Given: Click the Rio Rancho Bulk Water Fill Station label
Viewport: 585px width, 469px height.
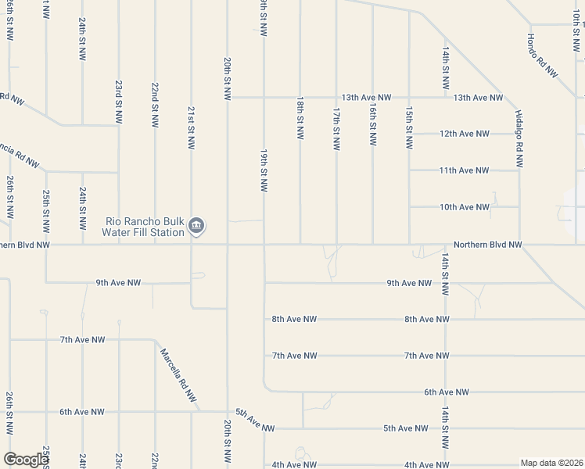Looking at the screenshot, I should coord(145,226).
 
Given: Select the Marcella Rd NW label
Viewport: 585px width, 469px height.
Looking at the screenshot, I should coord(178,375).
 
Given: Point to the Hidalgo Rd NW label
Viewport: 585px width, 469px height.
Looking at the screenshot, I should coord(519,138).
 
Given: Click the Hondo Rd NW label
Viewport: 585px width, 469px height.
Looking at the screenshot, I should coord(542,55).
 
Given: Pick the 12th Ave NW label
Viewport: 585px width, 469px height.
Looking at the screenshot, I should coord(464,134).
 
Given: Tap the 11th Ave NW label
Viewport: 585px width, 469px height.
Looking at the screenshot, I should coord(464,170).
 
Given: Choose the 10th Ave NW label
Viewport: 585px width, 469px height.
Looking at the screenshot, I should coord(464,207).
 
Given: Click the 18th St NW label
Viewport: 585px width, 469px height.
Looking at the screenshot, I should coord(300,119).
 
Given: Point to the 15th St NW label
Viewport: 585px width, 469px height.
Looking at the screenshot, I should coord(408,129).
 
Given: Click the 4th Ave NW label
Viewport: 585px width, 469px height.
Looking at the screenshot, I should coord(293,464).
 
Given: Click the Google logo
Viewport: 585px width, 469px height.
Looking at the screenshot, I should coord(26,460).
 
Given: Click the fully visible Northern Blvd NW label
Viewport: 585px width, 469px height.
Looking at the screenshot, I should coord(486,245).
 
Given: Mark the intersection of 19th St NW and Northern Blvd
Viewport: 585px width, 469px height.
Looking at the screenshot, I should coord(264,245).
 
